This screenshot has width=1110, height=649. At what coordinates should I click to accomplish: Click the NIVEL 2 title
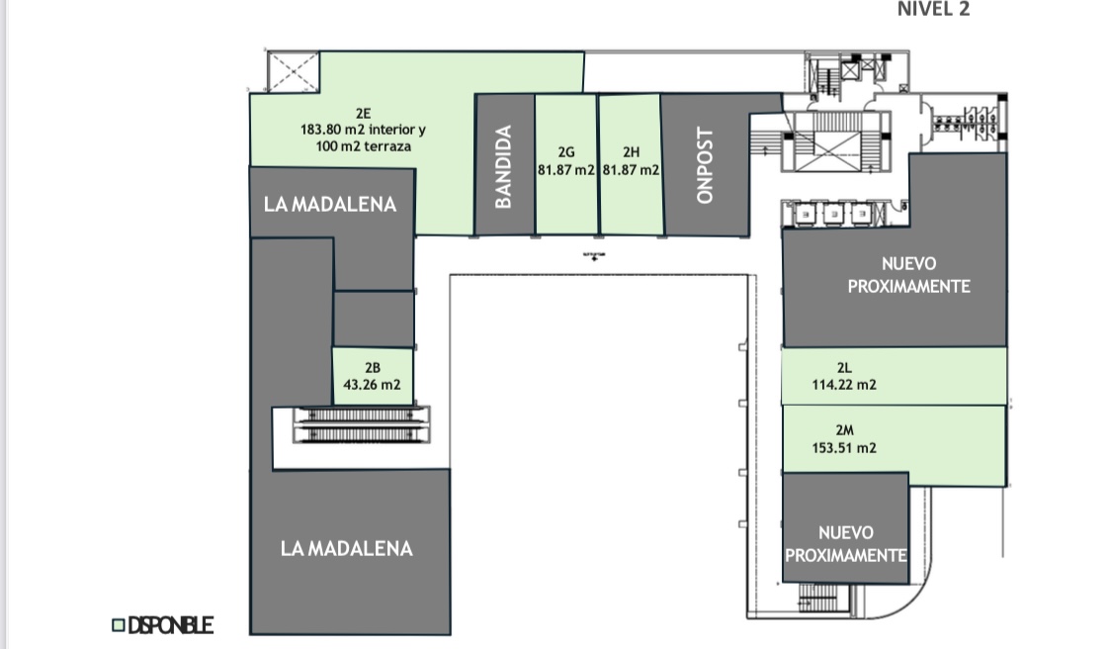pyautogui.click(x=933, y=10)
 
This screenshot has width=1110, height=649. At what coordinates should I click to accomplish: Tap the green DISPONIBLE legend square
pyautogui.click(x=118, y=625)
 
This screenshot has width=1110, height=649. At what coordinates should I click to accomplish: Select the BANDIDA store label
pyautogui.click(x=503, y=166)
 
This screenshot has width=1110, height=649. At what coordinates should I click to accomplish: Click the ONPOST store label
pyautogui.click(x=704, y=166)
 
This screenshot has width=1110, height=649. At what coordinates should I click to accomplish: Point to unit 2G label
pyautogui.click(x=566, y=152)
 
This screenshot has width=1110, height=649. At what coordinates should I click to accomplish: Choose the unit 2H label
pyautogui.click(x=632, y=152)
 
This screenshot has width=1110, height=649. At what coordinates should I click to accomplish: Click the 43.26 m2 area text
pyautogui.click(x=372, y=385)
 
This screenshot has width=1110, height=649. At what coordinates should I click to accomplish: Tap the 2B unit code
pyautogui.click(x=372, y=369)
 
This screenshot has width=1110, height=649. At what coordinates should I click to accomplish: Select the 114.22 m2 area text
pyautogui.click(x=844, y=385)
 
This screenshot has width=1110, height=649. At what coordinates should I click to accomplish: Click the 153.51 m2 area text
pyautogui.click(x=844, y=447)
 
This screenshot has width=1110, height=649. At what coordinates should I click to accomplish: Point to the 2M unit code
pyautogui.click(x=844, y=430)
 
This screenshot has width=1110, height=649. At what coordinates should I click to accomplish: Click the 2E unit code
pyautogui.click(x=363, y=113)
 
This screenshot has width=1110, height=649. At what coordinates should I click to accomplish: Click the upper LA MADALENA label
pyautogui.click(x=330, y=204)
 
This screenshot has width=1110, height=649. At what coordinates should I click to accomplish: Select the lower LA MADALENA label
pyautogui.click(x=346, y=547)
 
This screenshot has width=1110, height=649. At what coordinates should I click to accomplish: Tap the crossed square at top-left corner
pyautogui.click(x=294, y=71)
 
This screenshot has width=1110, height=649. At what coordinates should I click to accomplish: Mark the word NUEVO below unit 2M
pyautogui.click(x=845, y=533)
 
